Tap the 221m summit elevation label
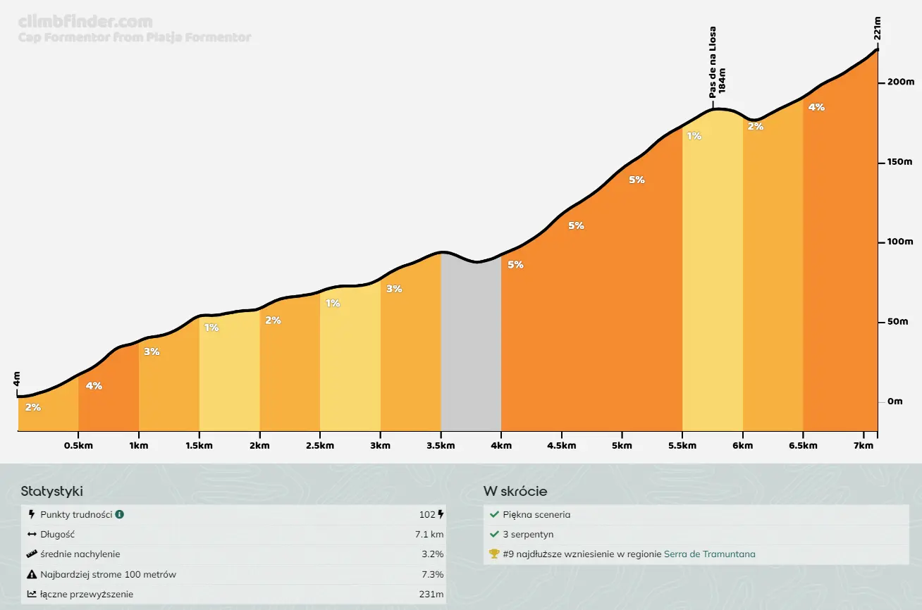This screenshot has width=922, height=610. tap(878, 28)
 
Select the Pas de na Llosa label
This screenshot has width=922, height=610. tap(713, 62)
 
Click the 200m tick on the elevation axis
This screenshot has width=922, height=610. tap(899, 82)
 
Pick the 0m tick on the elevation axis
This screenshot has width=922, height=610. tap(895, 402)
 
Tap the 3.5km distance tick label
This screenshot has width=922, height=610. tap(441, 446)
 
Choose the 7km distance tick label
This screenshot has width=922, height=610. tap(864, 446)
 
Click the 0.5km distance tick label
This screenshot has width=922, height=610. tap(78, 446)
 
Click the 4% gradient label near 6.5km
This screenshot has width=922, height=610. tap(816, 108)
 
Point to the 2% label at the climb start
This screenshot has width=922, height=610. tap(32, 407)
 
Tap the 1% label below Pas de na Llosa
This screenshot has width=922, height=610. tap(694, 136)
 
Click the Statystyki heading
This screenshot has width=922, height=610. tap(52, 492)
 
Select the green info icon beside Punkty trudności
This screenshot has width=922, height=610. tap(120, 515)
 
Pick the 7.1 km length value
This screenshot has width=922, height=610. tap(429, 535)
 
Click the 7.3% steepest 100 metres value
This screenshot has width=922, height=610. tap(431, 574)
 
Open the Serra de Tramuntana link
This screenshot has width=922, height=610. tap(709, 554)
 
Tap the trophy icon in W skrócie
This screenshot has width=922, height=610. tap(494, 554)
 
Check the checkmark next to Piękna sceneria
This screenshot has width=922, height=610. tap(494, 515)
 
